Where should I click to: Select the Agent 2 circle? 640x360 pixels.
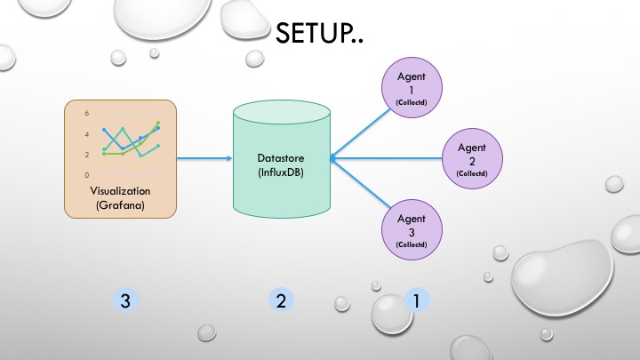pyautogui.click(x=472, y=157)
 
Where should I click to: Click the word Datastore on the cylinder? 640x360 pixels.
pyautogui.click(x=280, y=157)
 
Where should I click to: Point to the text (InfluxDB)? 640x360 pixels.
pyautogui.click(x=280, y=172)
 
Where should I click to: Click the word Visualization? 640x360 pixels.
pyautogui.click(x=121, y=191)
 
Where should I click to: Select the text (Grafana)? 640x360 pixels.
pyautogui.click(x=121, y=205)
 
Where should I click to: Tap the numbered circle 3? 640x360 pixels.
pyautogui.click(x=126, y=301)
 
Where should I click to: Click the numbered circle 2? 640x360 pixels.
pyautogui.click(x=280, y=301)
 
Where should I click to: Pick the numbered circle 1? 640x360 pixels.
pyautogui.click(x=415, y=301)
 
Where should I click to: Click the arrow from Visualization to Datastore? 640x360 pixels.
pyautogui.click(x=204, y=160)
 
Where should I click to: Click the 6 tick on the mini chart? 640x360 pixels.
pyautogui.click(x=86, y=114)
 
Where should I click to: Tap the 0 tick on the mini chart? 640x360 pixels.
pyautogui.click(x=86, y=174)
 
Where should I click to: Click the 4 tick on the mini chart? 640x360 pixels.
pyautogui.click(x=86, y=134)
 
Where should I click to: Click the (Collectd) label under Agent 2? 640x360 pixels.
pyautogui.click(x=472, y=174)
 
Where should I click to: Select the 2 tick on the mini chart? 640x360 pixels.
pyautogui.click(x=86, y=155)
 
